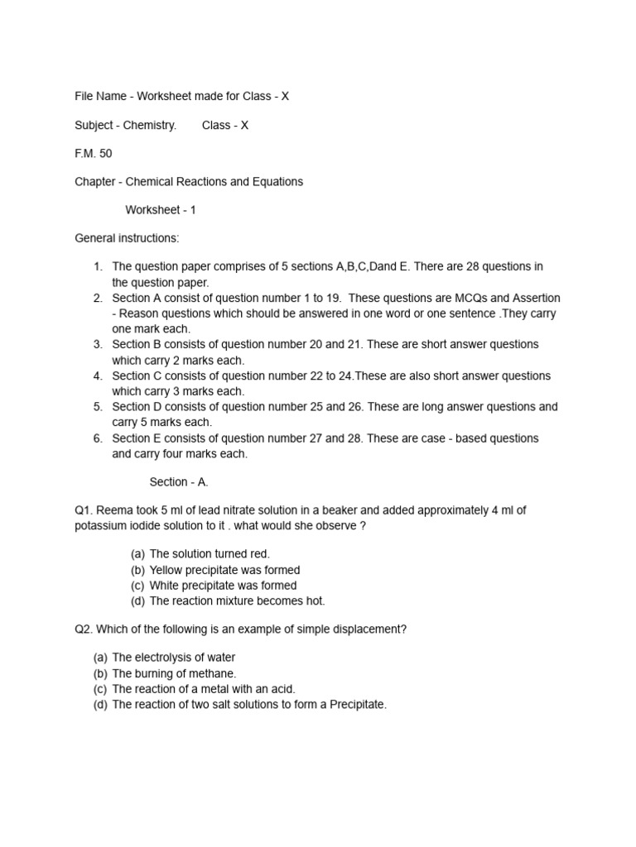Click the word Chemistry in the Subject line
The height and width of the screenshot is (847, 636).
(150, 125)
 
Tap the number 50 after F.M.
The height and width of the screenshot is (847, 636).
(104, 153)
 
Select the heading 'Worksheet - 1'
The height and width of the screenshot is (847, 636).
(161, 210)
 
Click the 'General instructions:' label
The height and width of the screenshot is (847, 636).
(127, 238)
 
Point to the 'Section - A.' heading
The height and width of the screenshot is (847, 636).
(178, 481)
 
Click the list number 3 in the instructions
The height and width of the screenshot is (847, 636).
(97, 344)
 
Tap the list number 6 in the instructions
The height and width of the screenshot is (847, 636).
(97, 438)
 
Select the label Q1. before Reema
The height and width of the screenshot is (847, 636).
(84, 510)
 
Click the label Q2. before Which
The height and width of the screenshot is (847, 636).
(84, 629)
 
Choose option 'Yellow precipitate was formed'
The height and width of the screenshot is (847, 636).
(224, 570)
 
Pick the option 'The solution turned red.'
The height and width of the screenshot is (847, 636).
(210, 554)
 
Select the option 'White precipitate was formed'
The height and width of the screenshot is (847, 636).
(223, 586)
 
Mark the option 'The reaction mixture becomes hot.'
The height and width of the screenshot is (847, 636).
(237, 601)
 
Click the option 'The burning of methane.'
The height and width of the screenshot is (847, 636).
(174, 673)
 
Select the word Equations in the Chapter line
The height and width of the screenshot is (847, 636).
(277, 181)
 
